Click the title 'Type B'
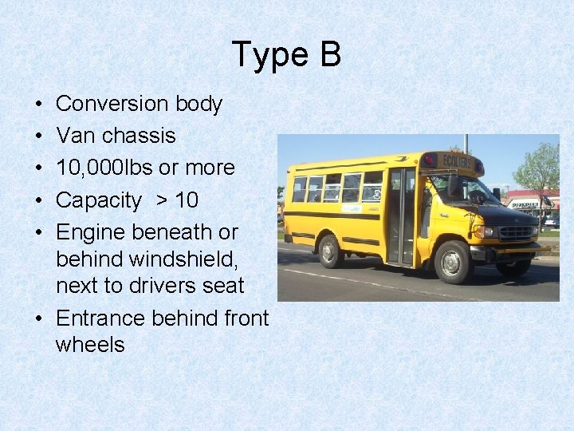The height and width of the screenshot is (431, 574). pyautogui.click(x=286, y=55)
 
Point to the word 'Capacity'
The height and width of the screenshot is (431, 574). pyautogui.click(x=98, y=200)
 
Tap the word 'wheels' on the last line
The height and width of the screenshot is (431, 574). pyautogui.click(x=90, y=345)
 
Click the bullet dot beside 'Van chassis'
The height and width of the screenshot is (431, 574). pyautogui.click(x=39, y=136)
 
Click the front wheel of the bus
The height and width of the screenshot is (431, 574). pyautogui.click(x=454, y=261)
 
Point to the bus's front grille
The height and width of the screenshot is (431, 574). pyautogui.click(x=517, y=231)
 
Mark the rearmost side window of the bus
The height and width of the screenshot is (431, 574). pyautogui.click(x=299, y=189)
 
